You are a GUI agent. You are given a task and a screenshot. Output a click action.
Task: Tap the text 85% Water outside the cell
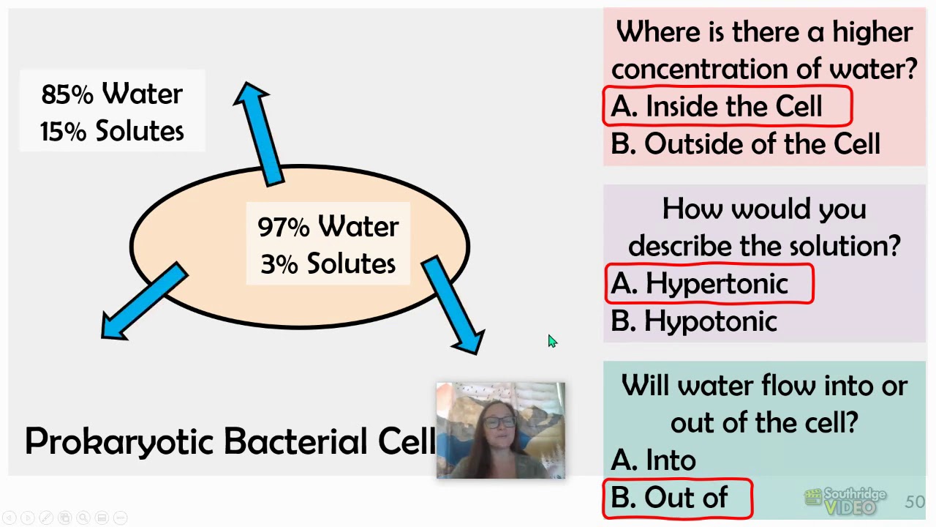pyautogui.click(x=112, y=94)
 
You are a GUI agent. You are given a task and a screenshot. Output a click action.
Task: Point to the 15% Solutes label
pyautogui.click(x=112, y=131)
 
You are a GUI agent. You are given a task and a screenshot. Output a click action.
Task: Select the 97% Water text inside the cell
pyautogui.click(x=328, y=227)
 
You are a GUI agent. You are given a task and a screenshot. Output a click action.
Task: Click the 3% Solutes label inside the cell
pyautogui.click(x=328, y=263)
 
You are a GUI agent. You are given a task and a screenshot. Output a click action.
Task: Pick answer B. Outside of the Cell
pyautogui.click(x=746, y=144)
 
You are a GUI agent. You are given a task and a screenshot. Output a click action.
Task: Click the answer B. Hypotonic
pyautogui.click(x=694, y=321)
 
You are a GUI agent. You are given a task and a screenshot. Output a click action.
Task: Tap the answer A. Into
pyautogui.click(x=654, y=460)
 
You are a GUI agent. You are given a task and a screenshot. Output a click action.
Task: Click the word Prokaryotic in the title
pyautogui.click(x=119, y=441)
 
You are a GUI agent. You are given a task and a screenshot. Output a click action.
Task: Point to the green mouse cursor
pyautogui.click(x=552, y=342)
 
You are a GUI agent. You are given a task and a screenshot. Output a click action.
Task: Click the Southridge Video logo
pyautogui.click(x=845, y=501)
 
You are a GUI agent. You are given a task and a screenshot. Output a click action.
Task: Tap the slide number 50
pyautogui.click(x=914, y=502)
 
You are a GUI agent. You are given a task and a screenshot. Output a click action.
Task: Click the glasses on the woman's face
pyautogui.click(x=499, y=422)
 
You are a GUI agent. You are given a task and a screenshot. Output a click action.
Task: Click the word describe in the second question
pyautogui.click(x=681, y=246)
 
